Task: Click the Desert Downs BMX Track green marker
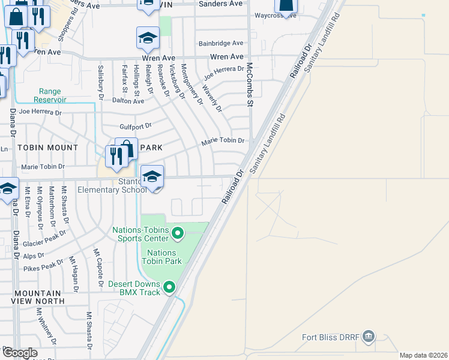tap(169, 287)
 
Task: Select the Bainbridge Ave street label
tap(221, 43)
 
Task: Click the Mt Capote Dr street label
tap(97, 267)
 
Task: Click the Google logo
tap(20, 353)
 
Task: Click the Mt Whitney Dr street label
tap(45, 327)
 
